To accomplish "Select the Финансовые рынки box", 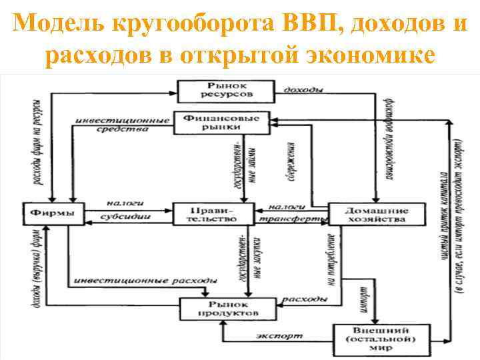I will (221, 122).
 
